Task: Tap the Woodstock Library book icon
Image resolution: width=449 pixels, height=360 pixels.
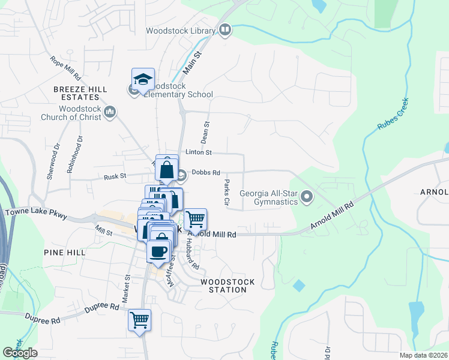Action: click(x=225, y=29)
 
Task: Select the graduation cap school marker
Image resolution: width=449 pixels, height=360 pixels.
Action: click(x=143, y=79)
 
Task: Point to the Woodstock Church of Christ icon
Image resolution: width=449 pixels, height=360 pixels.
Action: click(x=110, y=112)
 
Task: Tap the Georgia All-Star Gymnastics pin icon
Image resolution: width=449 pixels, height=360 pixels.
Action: click(x=307, y=196)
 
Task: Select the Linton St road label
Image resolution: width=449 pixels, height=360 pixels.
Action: click(x=199, y=153)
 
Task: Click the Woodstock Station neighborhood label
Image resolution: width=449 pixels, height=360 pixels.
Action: click(x=227, y=286)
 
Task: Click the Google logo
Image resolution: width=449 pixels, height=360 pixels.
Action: click(x=20, y=353)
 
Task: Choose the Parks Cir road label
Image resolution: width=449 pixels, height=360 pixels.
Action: click(x=227, y=193)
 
